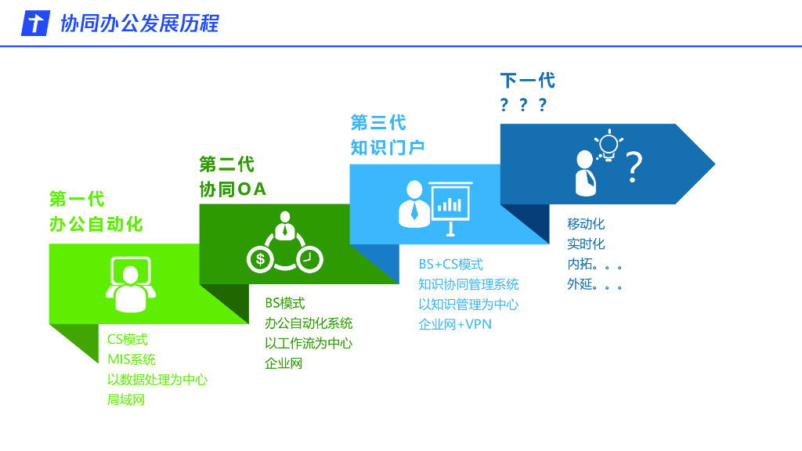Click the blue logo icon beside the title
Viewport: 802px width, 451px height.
pos(34,23)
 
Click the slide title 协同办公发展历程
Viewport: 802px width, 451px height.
pos(139,23)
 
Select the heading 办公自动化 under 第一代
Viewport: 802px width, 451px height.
pos(96,224)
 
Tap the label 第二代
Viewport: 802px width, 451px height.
pos(226,164)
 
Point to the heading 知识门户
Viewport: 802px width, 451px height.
pos(388,147)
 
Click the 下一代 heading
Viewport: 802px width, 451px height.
pos(527,81)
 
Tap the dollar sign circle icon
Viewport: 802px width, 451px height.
pos(260,259)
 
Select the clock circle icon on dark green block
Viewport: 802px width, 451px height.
pos(309,258)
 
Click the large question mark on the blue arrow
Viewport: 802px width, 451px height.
pos(634,167)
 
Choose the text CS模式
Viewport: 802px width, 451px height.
pos(128,340)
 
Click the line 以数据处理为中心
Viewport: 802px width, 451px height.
pos(157,380)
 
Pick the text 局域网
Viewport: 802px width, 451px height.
pos(126,400)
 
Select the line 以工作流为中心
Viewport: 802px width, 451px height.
pos(309,343)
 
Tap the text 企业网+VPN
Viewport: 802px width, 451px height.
pos(455,324)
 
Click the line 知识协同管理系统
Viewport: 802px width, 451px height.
pos(468,284)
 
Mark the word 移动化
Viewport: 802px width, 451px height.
pos(586,224)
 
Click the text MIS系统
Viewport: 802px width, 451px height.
pos(132,359)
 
